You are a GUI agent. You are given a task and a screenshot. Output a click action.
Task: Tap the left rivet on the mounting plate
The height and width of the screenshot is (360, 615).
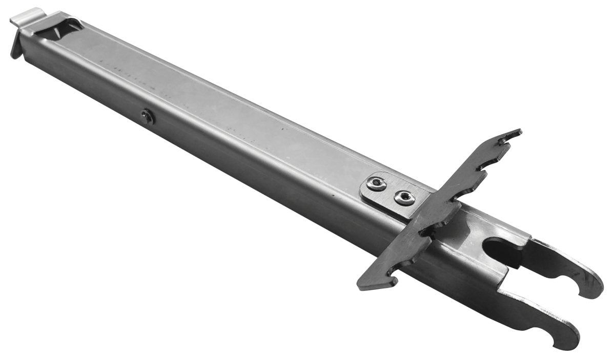pos(377,183)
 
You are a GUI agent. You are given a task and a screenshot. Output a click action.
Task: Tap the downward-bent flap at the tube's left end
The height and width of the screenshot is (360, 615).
pos(16,44)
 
